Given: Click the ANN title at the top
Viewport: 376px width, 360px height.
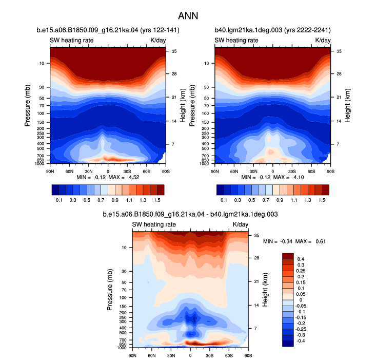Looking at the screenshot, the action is (188, 16).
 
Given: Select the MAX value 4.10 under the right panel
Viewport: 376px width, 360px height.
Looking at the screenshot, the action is (299, 177).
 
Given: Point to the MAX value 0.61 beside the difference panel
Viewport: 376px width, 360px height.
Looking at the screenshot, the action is (321, 241).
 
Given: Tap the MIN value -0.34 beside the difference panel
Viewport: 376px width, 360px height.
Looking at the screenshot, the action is (286, 241).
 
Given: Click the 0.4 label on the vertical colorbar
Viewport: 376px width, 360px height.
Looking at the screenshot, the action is (301, 259).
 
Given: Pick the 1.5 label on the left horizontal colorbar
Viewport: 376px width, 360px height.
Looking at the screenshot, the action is (157, 200).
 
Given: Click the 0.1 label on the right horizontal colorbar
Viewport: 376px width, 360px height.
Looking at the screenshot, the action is (224, 200).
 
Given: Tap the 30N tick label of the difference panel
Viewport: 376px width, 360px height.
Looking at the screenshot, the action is (171, 355).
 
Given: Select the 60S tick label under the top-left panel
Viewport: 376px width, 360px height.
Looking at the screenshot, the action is (147, 172).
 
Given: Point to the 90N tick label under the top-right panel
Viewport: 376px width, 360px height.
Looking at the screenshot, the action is (215, 172).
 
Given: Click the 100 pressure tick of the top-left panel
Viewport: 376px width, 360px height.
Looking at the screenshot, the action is (41, 113).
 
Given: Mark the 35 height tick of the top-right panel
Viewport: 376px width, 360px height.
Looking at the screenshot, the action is (339, 51).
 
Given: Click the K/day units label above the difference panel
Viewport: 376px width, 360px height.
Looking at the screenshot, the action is (241, 224).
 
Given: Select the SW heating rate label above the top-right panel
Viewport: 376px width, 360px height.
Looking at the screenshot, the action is (236, 41).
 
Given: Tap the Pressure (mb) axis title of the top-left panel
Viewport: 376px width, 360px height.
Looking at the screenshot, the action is (27, 105).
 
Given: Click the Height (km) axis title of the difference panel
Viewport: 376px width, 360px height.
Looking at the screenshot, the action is (265, 290).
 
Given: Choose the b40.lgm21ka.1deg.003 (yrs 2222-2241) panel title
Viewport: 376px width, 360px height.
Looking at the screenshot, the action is (273, 30).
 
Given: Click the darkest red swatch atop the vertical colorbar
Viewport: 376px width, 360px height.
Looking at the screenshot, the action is (288, 256).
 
